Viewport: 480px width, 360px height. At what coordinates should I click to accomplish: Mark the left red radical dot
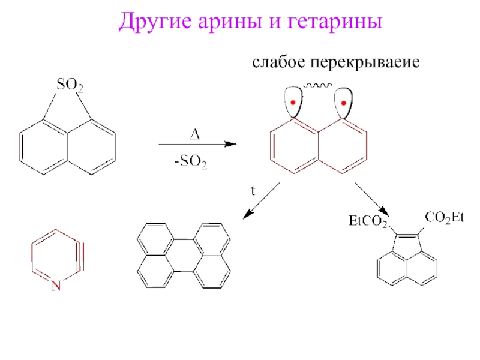[292, 103]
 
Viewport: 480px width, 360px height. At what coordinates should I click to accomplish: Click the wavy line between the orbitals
[318, 86]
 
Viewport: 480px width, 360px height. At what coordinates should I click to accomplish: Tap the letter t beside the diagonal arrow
[253, 190]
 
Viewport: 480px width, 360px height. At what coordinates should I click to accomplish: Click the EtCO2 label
[368, 221]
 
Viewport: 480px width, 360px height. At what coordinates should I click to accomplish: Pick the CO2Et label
[445, 217]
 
